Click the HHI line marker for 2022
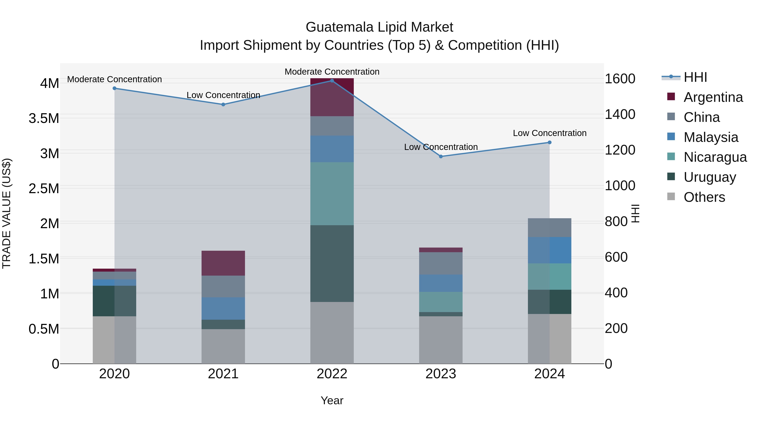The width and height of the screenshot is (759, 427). click(332, 81)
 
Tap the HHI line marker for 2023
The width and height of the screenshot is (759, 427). click(441, 156)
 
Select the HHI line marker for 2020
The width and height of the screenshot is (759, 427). click(115, 88)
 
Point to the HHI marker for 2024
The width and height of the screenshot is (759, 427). click(549, 143)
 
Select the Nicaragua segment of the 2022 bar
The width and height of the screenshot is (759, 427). click(332, 194)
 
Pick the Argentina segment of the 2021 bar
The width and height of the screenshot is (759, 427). click(223, 263)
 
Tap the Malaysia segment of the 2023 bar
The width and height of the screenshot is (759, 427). click(441, 283)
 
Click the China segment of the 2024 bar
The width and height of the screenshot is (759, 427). click(549, 228)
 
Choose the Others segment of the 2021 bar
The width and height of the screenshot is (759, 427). click(223, 346)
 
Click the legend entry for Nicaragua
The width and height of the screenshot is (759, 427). click(715, 157)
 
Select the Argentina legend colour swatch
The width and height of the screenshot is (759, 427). click(671, 97)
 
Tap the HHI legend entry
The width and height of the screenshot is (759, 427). click(695, 77)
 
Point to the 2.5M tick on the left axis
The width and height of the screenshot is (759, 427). click(44, 189)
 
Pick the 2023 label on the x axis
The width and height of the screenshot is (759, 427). click(441, 374)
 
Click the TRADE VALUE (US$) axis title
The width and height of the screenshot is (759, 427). click(7, 213)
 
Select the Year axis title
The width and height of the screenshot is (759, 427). click(332, 400)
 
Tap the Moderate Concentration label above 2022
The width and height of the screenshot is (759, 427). click(332, 72)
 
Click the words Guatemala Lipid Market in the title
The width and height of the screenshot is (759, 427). click(379, 27)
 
